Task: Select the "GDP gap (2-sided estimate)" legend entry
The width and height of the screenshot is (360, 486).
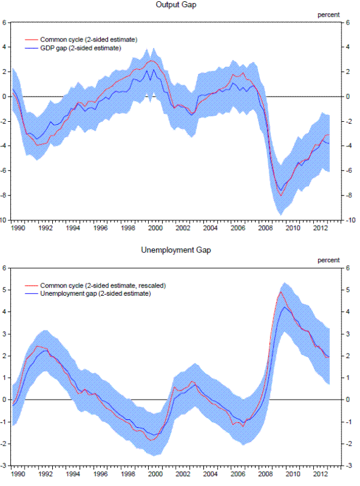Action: (85, 48)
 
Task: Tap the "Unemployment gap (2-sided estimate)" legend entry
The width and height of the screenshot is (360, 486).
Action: (95, 294)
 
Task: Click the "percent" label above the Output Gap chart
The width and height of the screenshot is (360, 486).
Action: (328, 14)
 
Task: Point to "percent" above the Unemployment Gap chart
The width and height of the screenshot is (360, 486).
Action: (328, 260)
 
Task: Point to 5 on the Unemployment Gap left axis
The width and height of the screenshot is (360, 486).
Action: (4, 290)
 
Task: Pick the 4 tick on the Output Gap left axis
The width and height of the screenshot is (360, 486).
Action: (4, 47)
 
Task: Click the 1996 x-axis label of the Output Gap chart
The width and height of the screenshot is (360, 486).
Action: (101, 228)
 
